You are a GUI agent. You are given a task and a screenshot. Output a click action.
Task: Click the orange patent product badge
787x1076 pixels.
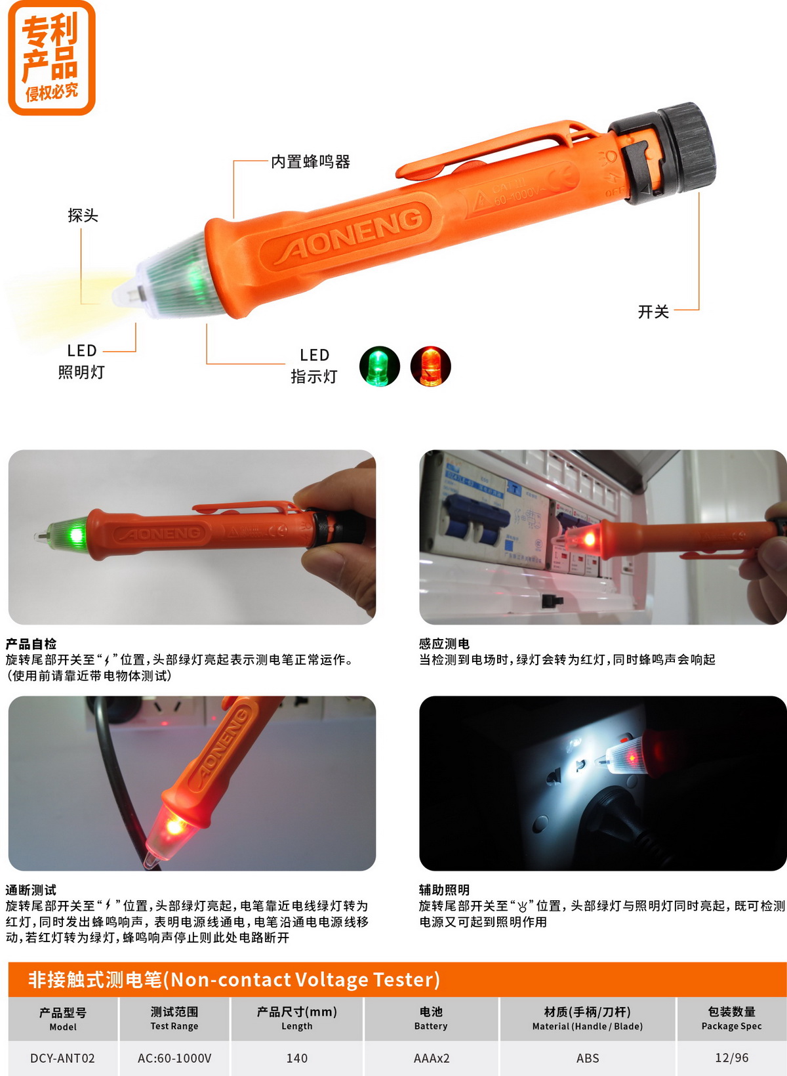pyautogui.click(x=52, y=58)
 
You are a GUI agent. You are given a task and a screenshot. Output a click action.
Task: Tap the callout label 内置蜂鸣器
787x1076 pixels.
pyautogui.click(x=311, y=162)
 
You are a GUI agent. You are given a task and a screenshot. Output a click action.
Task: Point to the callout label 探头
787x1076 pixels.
pyautogui.click(x=83, y=215)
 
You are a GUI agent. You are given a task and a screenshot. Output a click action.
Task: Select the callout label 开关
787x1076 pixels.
pyautogui.click(x=653, y=312)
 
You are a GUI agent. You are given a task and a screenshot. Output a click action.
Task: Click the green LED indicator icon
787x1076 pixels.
pyautogui.click(x=379, y=367)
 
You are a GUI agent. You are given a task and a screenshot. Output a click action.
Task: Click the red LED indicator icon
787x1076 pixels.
pyautogui.click(x=431, y=367)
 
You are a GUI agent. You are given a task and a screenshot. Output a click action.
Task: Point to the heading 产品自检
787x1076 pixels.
pyautogui.click(x=31, y=644)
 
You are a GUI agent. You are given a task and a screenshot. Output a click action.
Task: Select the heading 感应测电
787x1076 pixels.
pyautogui.click(x=444, y=644)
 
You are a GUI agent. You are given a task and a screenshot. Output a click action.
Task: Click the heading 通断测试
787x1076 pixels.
pyautogui.click(x=31, y=890)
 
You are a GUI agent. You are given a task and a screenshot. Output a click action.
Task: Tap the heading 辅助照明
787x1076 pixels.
pyautogui.click(x=444, y=890)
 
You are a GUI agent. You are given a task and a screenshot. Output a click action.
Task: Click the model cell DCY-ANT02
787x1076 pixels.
pyautogui.click(x=62, y=1058)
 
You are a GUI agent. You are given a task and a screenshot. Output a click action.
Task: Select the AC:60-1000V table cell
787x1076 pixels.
pyautogui.click(x=174, y=1058)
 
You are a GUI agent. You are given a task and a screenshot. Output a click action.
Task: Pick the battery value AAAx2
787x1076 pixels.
pyautogui.click(x=431, y=1058)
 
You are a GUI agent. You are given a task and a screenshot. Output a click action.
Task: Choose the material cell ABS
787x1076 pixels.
pyautogui.click(x=588, y=1058)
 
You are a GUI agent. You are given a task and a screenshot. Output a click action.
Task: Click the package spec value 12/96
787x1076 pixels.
pyautogui.click(x=732, y=1058)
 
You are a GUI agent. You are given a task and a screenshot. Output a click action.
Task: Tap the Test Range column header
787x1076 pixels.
pyautogui.click(x=174, y=1025)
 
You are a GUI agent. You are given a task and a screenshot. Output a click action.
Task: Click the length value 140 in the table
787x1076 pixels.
pyautogui.click(x=296, y=1058)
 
